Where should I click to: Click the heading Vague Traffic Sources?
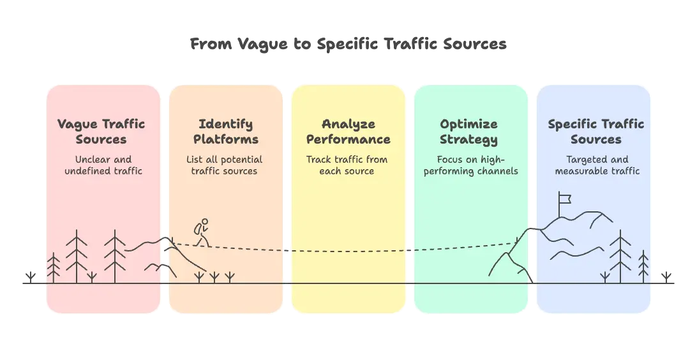pyautogui.click(x=101, y=131)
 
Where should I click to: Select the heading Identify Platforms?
pyautogui.click(x=226, y=131)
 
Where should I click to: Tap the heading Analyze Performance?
pyautogui.click(x=348, y=131)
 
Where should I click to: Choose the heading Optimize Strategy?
pyautogui.click(x=468, y=131)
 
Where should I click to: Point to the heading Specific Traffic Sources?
pyautogui.click(x=596, y=131)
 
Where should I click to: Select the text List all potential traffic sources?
pyautogui.click(x=225, y=165)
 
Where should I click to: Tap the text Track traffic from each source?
pyautogui.click(x=347, y=165)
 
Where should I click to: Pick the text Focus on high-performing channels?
pyautogui.click(x=470, y=165)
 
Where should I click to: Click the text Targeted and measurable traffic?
pyautogui.click(x=597, y=165)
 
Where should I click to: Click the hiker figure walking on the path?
pyautogui.click(x=202, y=232)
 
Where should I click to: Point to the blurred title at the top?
pyautogui.click(x=348, y=45)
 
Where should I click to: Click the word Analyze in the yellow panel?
pyautogui.click(x=348, y=124)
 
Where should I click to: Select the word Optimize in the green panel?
pyautogui.click(x=468, y=124)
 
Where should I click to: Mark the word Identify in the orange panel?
pyautogui.click(x=226, y=124)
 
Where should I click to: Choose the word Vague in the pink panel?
pyautogui.click(x=77, y=124)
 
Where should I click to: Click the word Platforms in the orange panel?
pyautogui.click(x=226, y=139)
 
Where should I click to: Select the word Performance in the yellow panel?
pyautogui.click(x=348, y=139)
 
